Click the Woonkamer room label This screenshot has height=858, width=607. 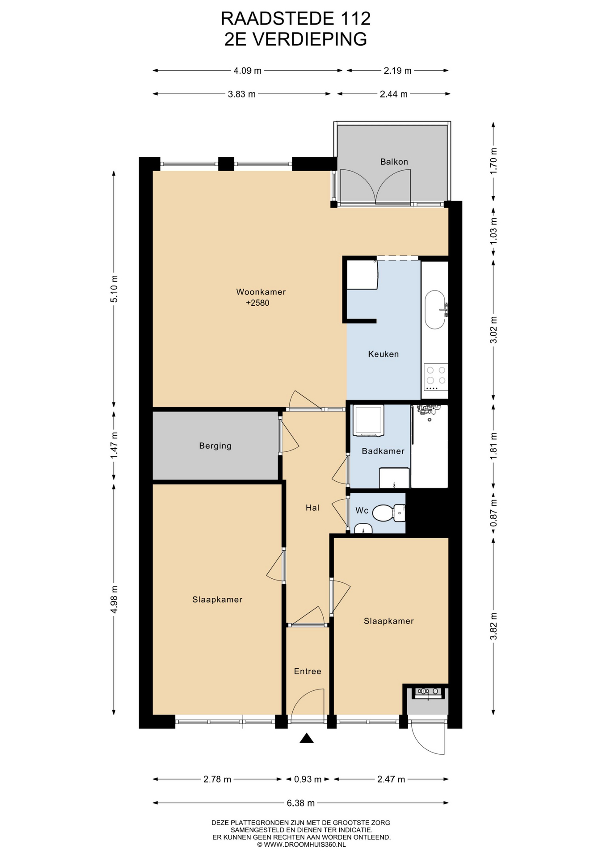click(261, 292)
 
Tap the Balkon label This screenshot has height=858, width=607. click(394, 162)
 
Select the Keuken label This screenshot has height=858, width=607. click(383, 354)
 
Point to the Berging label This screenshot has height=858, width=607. click(215, 446)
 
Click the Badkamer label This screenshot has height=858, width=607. click(383, 451)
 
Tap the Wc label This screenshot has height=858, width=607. click(362, 510)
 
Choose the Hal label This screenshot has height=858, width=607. click(312, 507)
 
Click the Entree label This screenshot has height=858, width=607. click(308, 671)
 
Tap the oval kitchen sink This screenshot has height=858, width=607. click(435, 310)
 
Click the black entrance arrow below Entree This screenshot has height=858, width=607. click(306, 738)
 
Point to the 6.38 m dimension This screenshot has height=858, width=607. click(300, 803)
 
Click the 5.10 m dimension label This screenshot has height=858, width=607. click(114, 288)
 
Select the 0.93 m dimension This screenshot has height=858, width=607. click(308, 779)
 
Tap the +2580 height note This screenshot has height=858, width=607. click(257, 303)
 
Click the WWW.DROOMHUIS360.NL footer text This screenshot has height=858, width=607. click(305, 845)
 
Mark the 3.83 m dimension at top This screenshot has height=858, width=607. click(242, 94)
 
